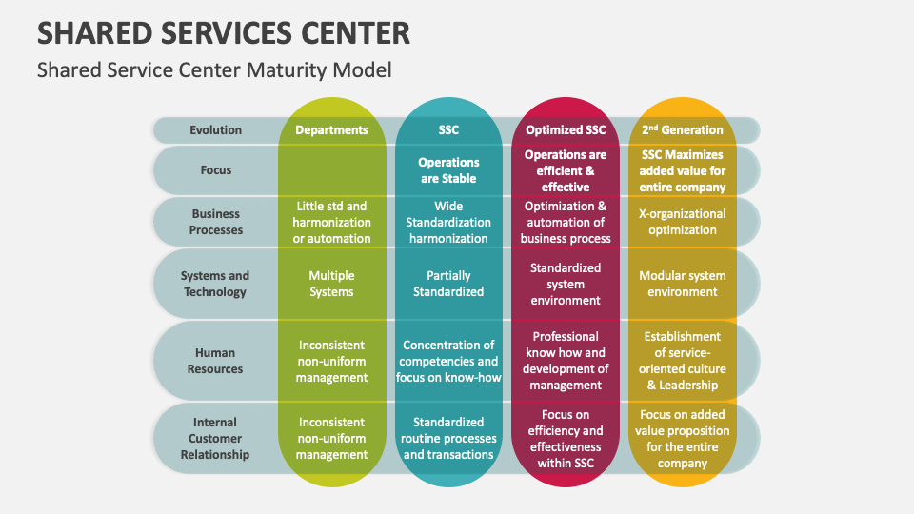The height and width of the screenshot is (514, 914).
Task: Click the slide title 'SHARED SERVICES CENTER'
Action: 224,32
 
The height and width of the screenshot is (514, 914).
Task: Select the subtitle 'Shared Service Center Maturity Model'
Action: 214,69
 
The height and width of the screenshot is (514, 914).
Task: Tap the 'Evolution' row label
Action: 215,130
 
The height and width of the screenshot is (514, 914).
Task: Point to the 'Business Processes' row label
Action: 215,222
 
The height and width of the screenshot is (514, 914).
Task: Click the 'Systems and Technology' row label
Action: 215,284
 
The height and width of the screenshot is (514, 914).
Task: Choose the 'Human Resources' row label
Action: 215,361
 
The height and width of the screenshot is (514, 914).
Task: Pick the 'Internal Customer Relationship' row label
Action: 215,438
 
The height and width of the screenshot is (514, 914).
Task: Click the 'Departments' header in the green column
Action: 331,130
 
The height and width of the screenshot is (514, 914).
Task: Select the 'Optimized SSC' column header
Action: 566,130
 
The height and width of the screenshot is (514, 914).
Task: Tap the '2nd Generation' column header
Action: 682,130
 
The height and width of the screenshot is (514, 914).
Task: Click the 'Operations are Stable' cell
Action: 448,170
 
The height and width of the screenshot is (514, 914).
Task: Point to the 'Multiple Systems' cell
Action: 331,284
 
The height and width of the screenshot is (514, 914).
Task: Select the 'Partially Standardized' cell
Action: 448,284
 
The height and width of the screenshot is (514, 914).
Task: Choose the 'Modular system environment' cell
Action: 682,284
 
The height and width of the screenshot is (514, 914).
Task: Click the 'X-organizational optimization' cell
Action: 682,222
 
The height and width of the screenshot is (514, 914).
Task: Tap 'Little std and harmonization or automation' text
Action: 331,222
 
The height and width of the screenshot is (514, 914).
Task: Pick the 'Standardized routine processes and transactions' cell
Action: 448,438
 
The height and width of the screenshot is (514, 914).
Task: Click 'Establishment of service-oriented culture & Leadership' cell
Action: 682,361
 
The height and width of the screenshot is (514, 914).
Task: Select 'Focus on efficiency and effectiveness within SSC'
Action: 566,439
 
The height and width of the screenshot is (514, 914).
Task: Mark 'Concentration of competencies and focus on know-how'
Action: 448,361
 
